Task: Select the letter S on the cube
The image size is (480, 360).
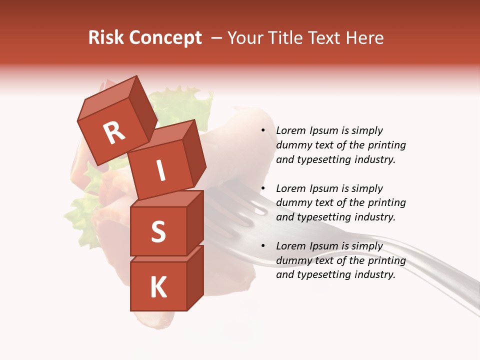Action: [x=158, y=231]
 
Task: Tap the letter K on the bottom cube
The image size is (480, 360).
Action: [x=158, y=287]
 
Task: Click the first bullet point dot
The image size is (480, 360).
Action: [x=263, y=131]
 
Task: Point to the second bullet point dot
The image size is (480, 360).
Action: [x=263, y=188]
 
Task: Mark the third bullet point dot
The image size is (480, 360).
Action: [x=263, y=246]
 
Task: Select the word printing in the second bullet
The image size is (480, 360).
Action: [x=386, y=202]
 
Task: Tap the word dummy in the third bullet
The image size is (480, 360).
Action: [x=292, y=260]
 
